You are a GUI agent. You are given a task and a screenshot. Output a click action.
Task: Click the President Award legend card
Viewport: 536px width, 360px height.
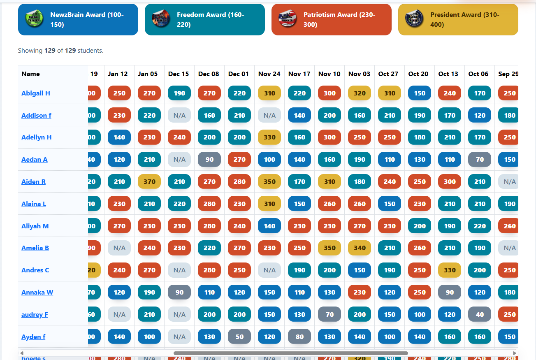[x=458, y=19]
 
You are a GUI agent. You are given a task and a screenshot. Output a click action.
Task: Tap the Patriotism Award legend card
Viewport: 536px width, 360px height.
[x=331, y=19]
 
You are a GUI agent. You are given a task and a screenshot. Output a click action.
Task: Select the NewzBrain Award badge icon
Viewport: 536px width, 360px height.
[x=34, y=19]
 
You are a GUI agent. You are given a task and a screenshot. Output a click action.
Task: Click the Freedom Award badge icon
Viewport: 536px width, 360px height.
[x=161, y=19]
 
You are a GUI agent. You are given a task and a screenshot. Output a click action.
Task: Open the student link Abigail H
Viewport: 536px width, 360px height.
[x=36, y=93]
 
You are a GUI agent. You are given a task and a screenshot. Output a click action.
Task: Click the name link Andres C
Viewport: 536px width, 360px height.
[x=35, y=270]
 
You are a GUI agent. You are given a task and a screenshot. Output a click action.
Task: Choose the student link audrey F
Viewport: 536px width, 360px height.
[x=35, y=315]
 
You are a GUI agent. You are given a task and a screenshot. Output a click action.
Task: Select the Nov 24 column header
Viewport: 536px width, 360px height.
[x=269, y=74]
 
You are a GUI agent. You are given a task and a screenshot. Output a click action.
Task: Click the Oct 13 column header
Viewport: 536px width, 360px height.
[x=448, y=74]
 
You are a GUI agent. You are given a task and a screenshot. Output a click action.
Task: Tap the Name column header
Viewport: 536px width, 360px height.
[x=31, y=74]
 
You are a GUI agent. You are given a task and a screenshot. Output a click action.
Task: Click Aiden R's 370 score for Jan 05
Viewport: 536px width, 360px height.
[x=149, y=182]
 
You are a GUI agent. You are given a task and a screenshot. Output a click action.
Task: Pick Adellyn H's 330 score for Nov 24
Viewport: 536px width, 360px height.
[x=269, y=137]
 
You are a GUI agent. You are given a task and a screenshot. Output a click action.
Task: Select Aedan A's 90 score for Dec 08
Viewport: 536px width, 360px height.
[x=209, y=160]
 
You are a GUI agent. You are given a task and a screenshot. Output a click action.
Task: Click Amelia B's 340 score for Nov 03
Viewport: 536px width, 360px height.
[x=360, y=248]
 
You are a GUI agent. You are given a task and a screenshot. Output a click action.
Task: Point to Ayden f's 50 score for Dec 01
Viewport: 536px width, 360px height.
[x=239, y=337]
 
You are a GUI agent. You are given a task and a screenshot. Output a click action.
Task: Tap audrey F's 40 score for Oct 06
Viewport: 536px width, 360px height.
[x=480, y=315]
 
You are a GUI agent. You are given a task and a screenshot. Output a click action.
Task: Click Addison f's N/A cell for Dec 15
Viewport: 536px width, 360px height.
[x=179, y=116]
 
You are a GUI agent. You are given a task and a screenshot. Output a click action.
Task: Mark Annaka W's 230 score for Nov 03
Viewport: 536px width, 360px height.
[x=360, y=293]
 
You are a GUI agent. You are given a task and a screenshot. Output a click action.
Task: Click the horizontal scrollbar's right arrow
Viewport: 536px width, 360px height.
[x=515, y=353]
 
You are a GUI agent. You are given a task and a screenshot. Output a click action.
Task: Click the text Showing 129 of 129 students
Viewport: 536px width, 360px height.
[x=60, y=51]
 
